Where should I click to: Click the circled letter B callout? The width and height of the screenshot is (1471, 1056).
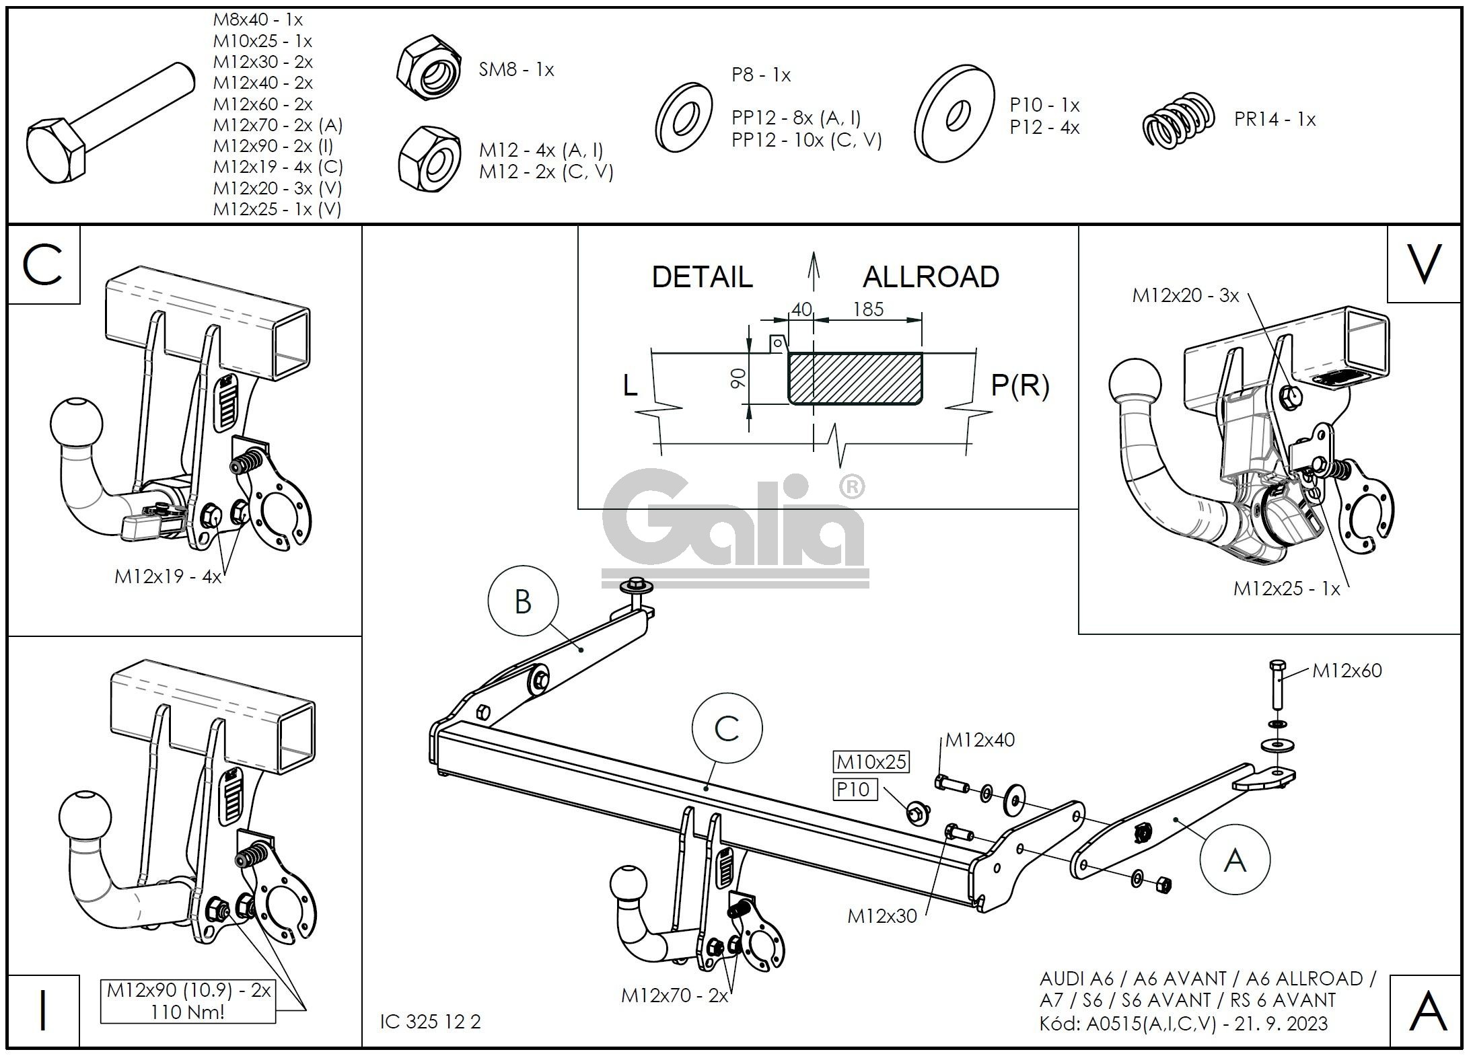click(x=523, y=601)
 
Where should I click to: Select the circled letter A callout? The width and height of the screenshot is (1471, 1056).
click(x=1234, y=860)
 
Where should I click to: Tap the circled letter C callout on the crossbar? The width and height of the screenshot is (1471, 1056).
click(x=727, y=728)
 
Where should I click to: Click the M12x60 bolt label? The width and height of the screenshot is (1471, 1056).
click(x=1347, y=671)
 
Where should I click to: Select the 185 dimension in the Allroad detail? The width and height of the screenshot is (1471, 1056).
click(x=868, y=309)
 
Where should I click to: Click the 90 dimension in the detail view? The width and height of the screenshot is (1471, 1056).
click(x=739, y=379)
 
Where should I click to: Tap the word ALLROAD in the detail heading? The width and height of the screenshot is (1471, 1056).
click(x=931, y=277)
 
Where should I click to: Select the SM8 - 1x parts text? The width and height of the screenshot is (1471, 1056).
click(x=516, y=70)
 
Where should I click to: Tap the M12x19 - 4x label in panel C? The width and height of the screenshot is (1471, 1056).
click(x=168, y=576)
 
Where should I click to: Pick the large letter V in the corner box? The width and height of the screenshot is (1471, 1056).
click(x=1424, y=264)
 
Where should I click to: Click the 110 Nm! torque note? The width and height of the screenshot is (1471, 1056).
click(x=188, y=1012)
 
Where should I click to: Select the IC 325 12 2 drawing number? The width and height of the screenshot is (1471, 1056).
click(x=431, y=1022)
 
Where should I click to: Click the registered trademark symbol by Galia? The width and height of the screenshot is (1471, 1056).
click(x=852, y=486)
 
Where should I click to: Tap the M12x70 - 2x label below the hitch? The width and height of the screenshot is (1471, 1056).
click(x=674, y=995)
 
